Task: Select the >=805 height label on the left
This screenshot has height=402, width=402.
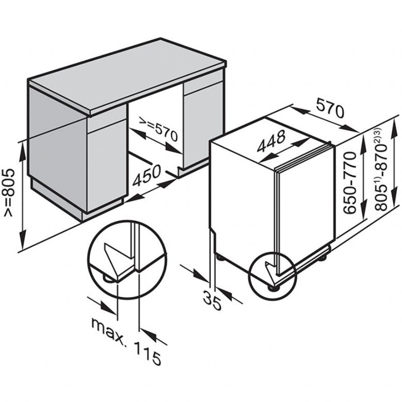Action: pyautogui.click(x=9, y=192)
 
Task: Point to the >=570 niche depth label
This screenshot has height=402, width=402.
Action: pyautogui.click(x=158, y=129)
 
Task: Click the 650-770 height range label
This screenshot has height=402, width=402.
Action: pyautogui.click(x=350, y=182)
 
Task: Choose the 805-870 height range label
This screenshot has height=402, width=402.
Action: pyautogui.click(x=380, y=169)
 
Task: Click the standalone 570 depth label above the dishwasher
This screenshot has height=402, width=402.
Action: pyautogui.click(x=330, y=108)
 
